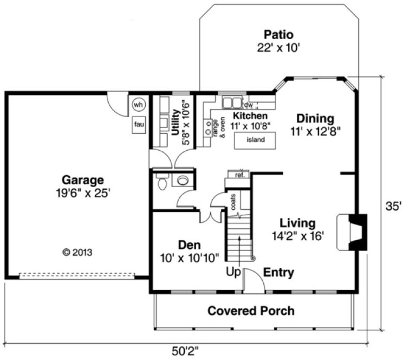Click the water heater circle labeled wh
pos(138,104)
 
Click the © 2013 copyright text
pos(77,252)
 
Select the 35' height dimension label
pos(393,206)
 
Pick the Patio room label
pos(279,34)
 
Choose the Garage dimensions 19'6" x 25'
pos(82,192)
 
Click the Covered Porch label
pos(251,311)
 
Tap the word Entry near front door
pos(278,272)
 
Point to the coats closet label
pos(233,202)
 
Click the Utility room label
pos(175,123)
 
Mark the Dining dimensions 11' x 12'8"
pos(315,131)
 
